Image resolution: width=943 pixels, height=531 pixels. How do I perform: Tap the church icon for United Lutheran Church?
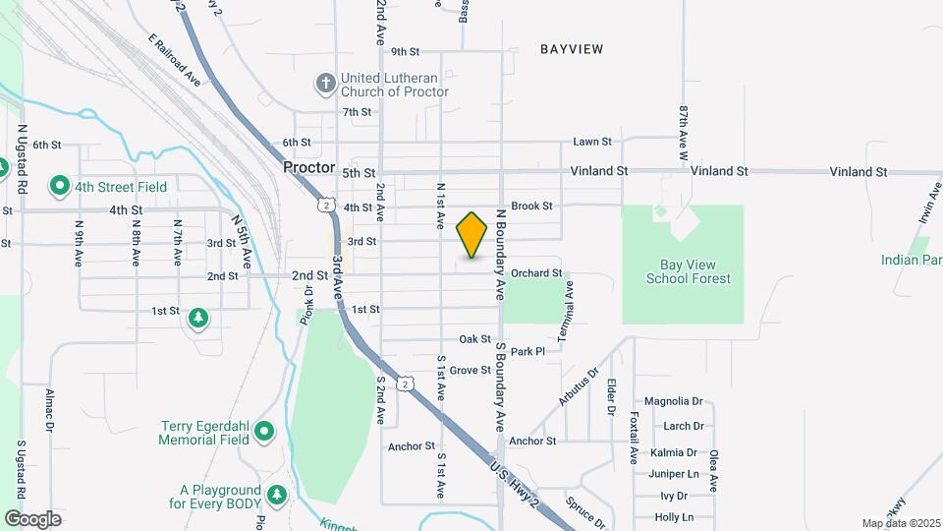tap(325, 83)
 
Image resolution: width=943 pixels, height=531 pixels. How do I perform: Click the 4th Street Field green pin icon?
tap(60, 186)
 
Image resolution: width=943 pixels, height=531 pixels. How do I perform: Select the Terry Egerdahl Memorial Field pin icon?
tap(263, 431)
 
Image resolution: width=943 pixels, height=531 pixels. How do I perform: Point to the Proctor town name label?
tap(309, 168)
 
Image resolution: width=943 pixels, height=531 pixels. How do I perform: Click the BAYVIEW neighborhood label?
tap(571, 48)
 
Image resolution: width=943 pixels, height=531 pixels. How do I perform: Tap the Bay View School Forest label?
tap(688, 272)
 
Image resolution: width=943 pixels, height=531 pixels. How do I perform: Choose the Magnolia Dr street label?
tap(674, 401)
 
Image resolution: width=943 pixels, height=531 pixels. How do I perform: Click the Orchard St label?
tap(536, 272)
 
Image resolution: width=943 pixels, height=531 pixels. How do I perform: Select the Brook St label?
tap(532, 206)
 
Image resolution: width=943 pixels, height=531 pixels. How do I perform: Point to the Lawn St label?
tap(592, 143)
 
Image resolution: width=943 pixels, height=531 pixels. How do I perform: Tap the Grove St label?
tap(471, 371)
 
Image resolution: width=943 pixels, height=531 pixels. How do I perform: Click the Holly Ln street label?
tap(674, 517)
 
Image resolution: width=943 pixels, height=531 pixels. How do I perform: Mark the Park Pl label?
tap(527, 351)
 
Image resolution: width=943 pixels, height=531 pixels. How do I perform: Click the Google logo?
tap(32, 518)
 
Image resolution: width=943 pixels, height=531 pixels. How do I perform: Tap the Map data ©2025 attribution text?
tap(899, 523)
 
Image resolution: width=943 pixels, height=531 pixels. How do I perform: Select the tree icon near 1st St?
tap(199, 317)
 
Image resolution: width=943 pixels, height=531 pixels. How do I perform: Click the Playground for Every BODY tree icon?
tap(278, 494)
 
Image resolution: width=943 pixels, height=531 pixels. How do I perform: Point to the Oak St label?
tap(474, 338)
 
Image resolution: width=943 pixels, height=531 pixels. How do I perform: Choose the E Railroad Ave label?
tap(175, 61)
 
